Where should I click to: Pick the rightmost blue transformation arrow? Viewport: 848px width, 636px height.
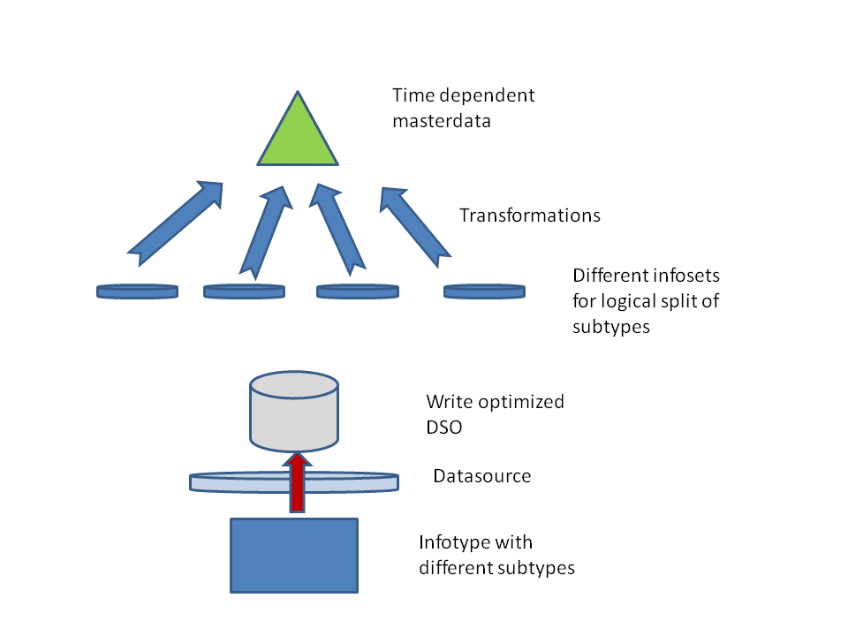click(413, 225)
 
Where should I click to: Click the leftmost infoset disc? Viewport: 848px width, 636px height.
click(137, 291)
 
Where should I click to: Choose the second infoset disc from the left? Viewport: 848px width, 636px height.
click(245, 291)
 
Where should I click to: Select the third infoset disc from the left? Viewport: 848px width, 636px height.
click(358, 291)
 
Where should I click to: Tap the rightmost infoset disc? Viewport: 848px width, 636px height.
click(484, 291)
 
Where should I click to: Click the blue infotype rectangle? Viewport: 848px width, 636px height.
click(294, 555)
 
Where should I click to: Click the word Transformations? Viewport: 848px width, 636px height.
click(530, 215)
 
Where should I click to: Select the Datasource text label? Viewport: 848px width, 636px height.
click(481, 476)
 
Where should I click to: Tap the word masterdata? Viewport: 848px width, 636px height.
click(442, 120)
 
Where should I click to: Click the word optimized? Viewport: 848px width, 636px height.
click(525, 402)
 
